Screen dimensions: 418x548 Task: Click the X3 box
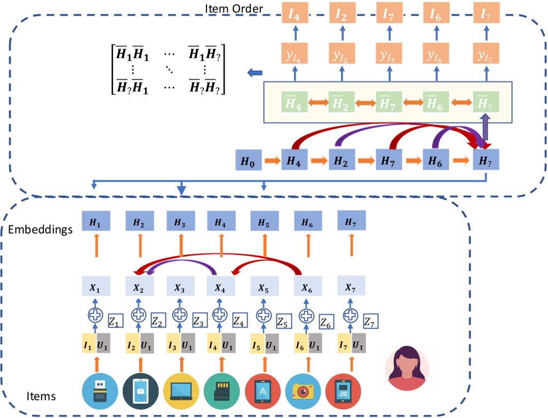180,287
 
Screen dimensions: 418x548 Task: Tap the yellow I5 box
258,345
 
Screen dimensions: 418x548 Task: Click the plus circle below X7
350,314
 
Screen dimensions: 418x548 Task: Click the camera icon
303,391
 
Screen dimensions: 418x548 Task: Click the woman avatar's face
407,363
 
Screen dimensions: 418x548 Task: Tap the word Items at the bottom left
41,396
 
